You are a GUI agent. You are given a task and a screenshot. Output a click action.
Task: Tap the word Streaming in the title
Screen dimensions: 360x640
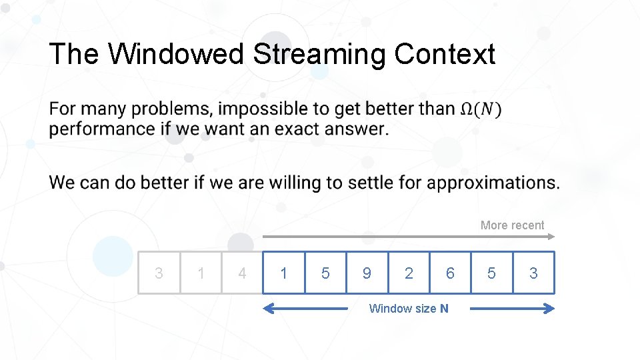pos(319,54)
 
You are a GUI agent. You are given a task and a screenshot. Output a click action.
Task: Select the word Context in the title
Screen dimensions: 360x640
pos(445,54)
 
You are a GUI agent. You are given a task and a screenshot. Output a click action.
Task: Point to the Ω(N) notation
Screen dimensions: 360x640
pos(481,109)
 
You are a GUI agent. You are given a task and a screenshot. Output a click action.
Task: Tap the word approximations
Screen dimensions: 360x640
pos(493,182)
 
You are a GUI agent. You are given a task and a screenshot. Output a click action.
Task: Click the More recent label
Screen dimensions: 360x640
pos(512,225)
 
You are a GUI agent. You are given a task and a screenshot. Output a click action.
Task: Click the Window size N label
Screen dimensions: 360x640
pos(409,308)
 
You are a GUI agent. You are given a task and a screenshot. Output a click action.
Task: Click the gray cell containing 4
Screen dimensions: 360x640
pos(242,273)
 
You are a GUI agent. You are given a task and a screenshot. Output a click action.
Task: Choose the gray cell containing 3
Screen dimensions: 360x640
pos(159,273)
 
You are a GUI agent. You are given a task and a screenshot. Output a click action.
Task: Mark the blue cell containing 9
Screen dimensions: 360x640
pos(367,273)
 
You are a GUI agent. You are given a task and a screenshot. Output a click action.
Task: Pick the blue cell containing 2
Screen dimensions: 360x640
pos(409,273)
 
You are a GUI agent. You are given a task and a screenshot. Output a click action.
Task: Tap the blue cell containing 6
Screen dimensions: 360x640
pos(450,273)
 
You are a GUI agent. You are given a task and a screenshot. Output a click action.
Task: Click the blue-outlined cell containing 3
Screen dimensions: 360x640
pos(533,273)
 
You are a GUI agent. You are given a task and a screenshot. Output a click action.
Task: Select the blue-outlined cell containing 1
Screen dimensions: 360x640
pos(284,273)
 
